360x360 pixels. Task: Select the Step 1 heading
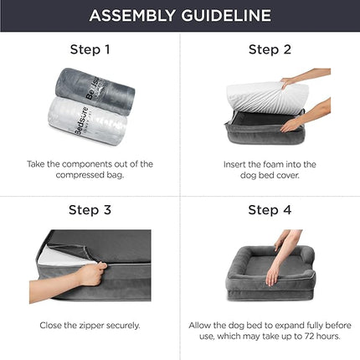(x=90, y=49)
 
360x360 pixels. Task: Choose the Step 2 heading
(x=270, y=49)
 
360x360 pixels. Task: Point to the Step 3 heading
(x=90, y=209)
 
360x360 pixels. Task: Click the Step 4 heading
(x=270, y=209)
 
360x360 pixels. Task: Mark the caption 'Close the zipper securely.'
(x=90, y=324)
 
